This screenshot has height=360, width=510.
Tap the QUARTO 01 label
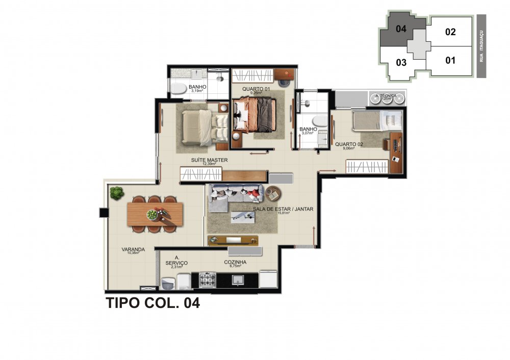point(256,89)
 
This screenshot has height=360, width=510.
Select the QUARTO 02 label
point(349,144)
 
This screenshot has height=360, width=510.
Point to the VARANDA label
point(133,250)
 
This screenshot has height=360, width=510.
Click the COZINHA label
point(235,263)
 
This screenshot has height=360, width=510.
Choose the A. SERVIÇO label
point(177,261)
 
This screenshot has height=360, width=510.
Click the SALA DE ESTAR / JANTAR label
point(283,209)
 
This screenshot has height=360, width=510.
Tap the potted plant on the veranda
point(117,193)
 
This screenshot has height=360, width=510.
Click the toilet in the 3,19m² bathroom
point(178,89)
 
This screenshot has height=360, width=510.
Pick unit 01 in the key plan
point(450,61)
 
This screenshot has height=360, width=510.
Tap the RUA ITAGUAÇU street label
point(481,46)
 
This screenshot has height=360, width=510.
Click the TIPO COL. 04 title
point(152,303)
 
